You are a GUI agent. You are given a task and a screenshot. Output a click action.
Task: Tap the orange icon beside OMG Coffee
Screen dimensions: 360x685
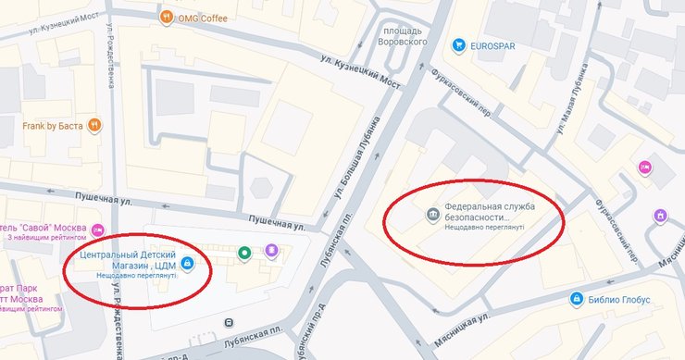(167, 17)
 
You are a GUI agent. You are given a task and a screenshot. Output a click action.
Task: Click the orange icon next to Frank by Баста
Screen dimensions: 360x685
(94, 127)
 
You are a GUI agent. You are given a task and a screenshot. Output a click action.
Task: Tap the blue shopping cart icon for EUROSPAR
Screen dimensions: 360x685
(458, 45)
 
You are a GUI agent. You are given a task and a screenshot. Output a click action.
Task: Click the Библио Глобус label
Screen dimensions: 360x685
(618, 300)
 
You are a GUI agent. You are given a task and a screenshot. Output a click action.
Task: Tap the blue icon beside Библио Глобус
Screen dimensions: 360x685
(576, 300)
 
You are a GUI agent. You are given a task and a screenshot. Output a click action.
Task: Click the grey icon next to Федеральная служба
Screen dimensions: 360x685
(432, 216)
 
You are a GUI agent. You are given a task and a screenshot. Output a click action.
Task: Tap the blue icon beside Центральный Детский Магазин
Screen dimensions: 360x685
(188, 263)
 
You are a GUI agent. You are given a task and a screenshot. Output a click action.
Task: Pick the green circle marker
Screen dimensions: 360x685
(244, 251)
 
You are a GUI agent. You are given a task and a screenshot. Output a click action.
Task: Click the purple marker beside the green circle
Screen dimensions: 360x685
(271, 250)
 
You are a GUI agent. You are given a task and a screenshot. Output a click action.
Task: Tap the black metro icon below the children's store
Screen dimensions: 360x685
(228, 322)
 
